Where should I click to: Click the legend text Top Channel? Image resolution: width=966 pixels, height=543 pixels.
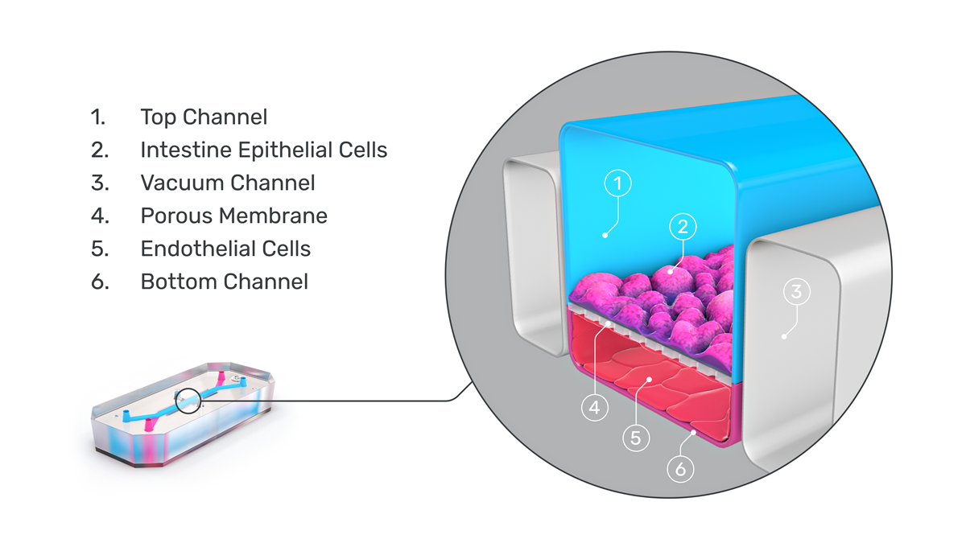pyautogui.click(x=204, y=117)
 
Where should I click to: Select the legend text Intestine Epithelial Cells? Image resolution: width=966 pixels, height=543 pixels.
pyautogui.click(x=263, y=150)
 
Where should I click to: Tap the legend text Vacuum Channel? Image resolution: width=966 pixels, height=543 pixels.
pyautogui.click(x=227, y=183)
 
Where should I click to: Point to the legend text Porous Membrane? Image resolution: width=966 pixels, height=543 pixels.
pyautogui.click(x=233, y=216)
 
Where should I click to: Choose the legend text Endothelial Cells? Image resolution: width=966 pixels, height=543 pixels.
pyautogui.click(x=225, y=249)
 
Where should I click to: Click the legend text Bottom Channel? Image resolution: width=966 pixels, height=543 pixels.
pyautogui.click(x=224, y=282)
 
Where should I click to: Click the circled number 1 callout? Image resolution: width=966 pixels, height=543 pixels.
pyautogui.click(x=618, y=184)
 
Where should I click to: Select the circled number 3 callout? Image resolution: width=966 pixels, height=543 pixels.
pyautogui.click(x=796, y=292)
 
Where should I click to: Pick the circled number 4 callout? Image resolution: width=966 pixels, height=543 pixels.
pyautogui.click(x=594, y=408)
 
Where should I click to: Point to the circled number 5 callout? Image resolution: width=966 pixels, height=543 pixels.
pyautogui.click(x=635, y=438)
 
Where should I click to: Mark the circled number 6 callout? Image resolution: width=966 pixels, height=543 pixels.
pyautogui.click(x=680, y=468)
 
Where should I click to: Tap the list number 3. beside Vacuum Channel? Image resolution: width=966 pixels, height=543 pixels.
pyautogui.click(x=99, y=183)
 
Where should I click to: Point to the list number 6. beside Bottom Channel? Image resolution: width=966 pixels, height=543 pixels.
pyautogui.click(x=99, y=282)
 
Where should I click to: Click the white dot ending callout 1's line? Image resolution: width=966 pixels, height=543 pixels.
pyautogui.click(x=605, y=235)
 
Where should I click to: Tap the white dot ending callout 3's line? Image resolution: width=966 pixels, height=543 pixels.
pyautogui.click(x=783, y=336)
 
